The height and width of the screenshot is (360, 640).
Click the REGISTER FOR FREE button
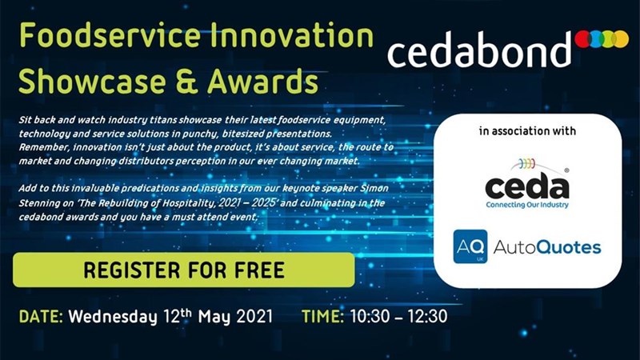point(184,270)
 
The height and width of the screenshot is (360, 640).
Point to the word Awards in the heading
point(262,82)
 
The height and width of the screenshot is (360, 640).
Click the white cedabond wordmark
point(479,50)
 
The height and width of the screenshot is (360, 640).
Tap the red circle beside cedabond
point(583,38)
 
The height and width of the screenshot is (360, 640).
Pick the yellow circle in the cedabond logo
point(621,38)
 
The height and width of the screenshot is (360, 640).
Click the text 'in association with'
point(527,131)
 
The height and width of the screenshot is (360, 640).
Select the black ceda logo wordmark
point(527,186)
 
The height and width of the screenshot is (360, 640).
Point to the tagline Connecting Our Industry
point(527,205)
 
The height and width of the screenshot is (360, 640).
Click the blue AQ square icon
point(470,246)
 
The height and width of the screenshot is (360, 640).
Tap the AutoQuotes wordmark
point(547,247)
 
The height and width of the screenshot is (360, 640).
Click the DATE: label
point(41,317)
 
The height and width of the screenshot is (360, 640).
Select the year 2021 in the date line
point(254,316)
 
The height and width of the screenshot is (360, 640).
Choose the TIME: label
point(323,317)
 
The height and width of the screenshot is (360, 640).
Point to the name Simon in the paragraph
point(374,188)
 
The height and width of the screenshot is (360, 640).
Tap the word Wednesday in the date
point(112,317)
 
